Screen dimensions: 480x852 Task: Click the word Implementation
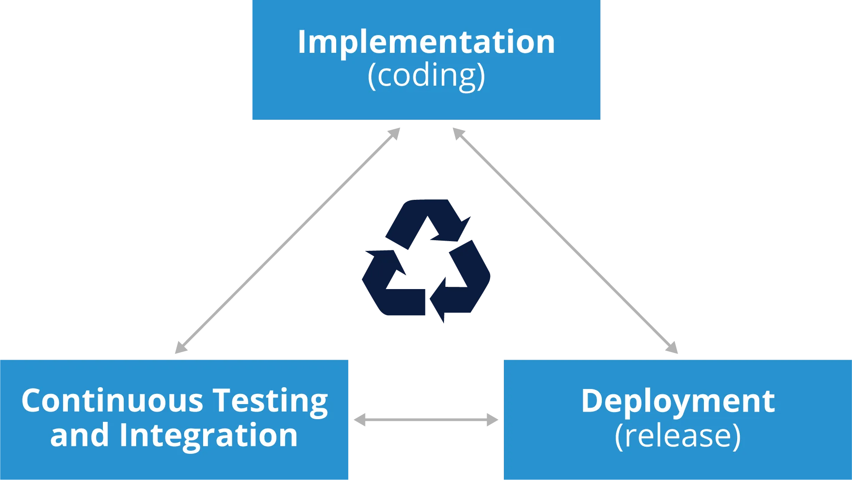tap(426, 42)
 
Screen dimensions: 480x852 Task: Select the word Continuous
tap(112, 401)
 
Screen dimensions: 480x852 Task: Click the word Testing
tap(270, 401)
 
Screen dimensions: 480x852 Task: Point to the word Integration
tap(208, 435)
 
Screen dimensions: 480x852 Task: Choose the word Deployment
tap(678, 401)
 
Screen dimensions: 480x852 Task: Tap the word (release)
tap(678, 436)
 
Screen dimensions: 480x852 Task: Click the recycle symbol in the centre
tap(426, 262)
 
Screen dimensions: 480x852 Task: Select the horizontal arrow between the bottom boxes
tap(426, 420)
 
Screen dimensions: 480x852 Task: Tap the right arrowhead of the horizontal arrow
tap(493, 420)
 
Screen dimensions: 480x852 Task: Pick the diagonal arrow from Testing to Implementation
tap(288, 240)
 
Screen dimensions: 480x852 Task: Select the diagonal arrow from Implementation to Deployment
tap(565, 240)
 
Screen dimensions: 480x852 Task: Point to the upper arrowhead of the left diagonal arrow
tap(394, 133)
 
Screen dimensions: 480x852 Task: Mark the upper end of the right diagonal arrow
tap(459, 133)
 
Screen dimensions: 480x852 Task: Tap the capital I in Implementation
tap(302, 42)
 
